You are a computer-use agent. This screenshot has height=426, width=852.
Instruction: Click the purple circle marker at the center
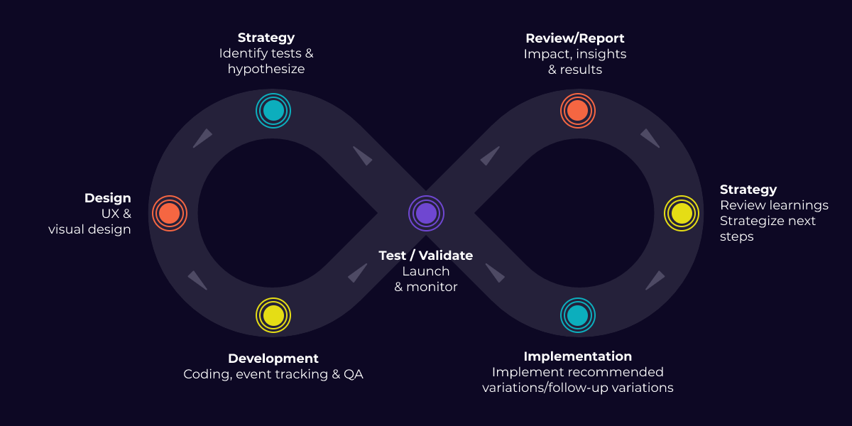tap(426, 213)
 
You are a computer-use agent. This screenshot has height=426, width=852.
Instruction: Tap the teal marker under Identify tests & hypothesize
tap(273, 111)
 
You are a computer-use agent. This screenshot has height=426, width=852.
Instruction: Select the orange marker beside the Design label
tap(169, 213)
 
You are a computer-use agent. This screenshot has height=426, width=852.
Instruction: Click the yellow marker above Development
tap(273, 315)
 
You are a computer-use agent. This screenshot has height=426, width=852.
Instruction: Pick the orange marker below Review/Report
tap(578, 111)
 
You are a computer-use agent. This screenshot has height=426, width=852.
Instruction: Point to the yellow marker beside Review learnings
tap(682, 213)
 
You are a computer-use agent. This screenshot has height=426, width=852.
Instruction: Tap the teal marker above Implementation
tap(578, 315)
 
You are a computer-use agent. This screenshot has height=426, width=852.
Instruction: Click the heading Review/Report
tap(575, 38)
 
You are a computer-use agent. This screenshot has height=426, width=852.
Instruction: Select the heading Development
tap(273, 359)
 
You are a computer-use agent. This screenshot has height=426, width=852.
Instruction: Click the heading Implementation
tap(577, 356)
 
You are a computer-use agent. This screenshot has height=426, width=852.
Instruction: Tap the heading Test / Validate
tap(426, 256)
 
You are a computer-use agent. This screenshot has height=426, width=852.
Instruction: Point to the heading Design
tap(108, 198)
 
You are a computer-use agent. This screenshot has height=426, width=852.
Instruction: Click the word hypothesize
tap(266, 70)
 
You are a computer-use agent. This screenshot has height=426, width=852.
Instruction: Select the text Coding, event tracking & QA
tap(273, 374)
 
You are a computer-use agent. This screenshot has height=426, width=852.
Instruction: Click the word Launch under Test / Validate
tap(426, 271)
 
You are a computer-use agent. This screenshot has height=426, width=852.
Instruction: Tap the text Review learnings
tap(774, 205)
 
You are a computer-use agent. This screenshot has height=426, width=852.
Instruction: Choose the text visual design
tap(89, 229)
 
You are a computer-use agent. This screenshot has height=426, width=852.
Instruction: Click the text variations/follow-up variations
tap(577, 388)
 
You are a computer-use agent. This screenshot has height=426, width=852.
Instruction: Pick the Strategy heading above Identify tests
tap(266, 38)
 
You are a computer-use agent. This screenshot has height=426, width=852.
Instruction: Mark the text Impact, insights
tap(575, 54)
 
